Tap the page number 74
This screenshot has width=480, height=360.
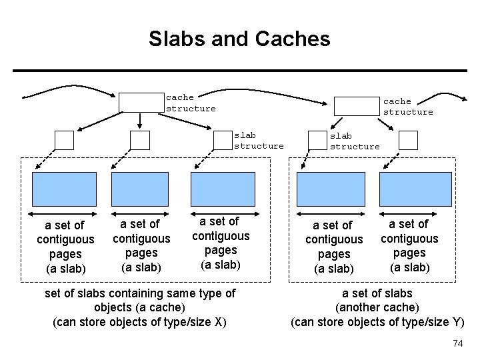click(x=457, y=343)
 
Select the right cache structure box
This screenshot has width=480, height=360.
click(x=355, y=107)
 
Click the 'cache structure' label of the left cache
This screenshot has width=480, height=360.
click(x=191, y=103)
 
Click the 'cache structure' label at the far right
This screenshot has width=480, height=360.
click(x=407, y=107)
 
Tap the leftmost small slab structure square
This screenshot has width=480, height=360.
click(x=65, y=140)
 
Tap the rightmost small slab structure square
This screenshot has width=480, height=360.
click(x=407, y=140)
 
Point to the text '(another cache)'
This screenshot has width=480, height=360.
click(x=377, y=308)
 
